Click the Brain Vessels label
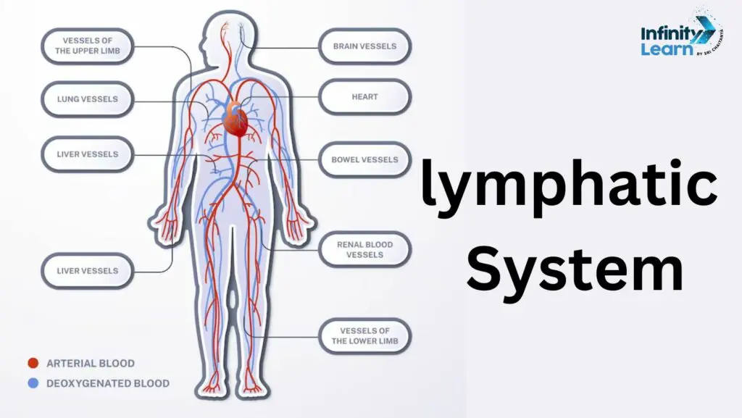pos(364,46)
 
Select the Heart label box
pos(364,97)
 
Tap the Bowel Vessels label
pos(364,160)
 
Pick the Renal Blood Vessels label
pos(364,250)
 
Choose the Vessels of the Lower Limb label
pos(364,335)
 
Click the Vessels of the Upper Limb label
pos(88,46)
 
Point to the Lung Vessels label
pos(88,99)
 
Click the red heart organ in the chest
pos(235,120)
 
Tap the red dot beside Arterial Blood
pos(33,363)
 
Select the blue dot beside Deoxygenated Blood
pos(33,383)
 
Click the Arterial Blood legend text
pos(91,363)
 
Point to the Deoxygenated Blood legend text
pos(108,383)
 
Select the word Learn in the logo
pos(667,49)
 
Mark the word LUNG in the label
pos(67,99)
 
